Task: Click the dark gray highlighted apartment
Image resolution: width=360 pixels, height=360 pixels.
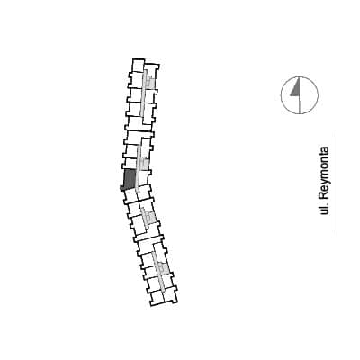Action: (130, 180)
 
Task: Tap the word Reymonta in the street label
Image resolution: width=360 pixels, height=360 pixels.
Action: (324, 175)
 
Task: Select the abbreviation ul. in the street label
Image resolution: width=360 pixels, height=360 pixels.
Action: (324, 210)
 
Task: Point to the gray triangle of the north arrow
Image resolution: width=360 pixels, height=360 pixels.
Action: (295, 89)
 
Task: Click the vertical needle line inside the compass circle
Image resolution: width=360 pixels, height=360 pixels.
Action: (300, 95)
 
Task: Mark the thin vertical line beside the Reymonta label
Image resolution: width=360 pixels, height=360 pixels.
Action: (337, 184)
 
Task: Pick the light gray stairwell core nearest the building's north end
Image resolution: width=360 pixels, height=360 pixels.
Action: (150, 82)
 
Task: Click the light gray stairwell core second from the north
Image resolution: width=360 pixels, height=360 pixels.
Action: (144, 164)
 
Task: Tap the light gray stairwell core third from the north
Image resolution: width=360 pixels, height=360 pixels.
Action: (149, 216)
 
